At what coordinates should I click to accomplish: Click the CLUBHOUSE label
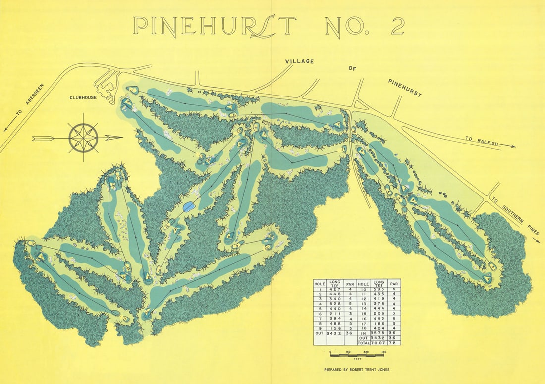[x=82, y=98]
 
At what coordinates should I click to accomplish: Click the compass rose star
[x=83, y=138]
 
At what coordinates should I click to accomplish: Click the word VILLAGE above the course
[x=299, y=61]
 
